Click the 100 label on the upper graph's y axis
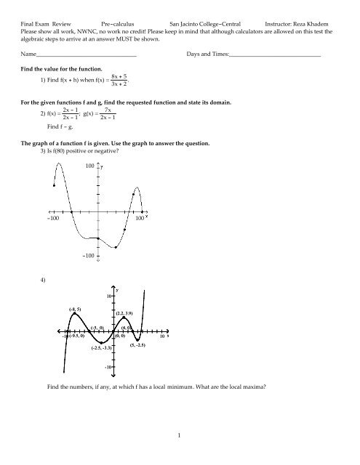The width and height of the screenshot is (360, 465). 91,167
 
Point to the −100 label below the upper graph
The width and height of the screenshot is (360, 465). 90,256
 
